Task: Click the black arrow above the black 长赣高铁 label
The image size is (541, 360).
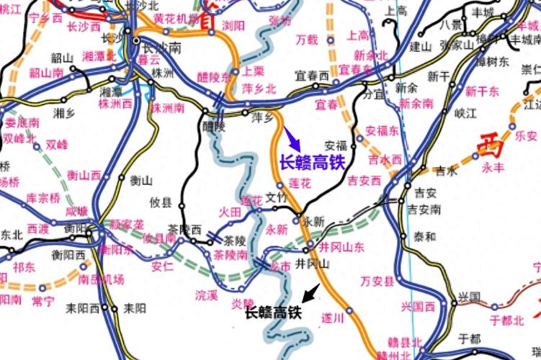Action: click(x=310, y=292)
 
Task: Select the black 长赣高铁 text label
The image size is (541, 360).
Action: click(x=272, y=313)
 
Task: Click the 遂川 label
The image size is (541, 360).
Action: click(x=332, y=316)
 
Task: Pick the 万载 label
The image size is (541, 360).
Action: click(x=306, y=40)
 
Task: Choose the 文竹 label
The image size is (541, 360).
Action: click(x=277, y=196)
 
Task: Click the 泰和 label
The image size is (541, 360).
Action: click(x=424, y=236)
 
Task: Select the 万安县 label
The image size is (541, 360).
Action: click(x=377, y=280)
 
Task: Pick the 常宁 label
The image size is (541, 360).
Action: click(x=43, y=300)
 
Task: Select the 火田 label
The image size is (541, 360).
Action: click(x=231, y=212)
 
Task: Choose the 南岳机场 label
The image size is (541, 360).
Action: click(x=101, y=279)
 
